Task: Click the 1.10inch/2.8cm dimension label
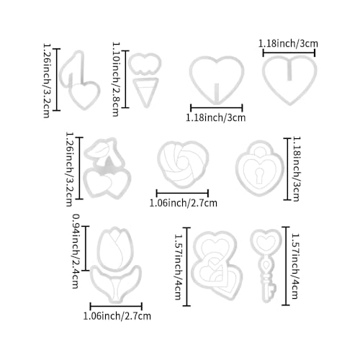(116, 79)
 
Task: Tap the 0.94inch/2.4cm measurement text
(76, 251)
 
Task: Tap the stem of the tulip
(116, 289)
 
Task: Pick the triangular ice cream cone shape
(145, 92)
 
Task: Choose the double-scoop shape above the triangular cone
(145, 63)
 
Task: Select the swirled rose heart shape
(183, 164)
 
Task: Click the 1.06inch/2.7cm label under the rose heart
(184, 203)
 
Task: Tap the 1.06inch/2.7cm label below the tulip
(117, 316)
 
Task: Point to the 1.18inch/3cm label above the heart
(288, 44)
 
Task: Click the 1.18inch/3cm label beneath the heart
(216, 118)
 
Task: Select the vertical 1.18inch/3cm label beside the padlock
(297, 169)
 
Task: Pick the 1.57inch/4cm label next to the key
(295, 266)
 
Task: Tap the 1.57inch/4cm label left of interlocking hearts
(178, 266)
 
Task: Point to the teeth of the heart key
(271, 289)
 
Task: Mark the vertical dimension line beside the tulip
(86, 248)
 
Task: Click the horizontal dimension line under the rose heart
(182, 193)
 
